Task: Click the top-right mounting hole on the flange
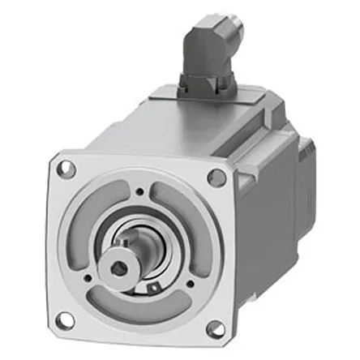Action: point(216,178)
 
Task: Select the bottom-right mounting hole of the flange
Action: point(215,328)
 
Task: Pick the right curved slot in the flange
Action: point(195,235)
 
